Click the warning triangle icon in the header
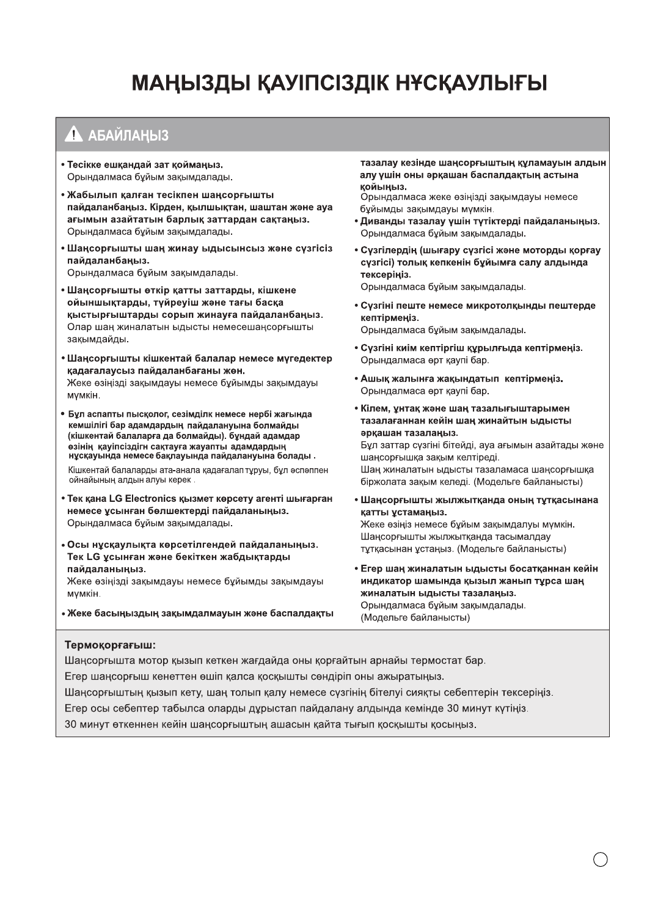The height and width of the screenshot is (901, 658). pyautogui.click(x=73, y=134)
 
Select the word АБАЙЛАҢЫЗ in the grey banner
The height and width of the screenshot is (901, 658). pyautogui.click(x=128, y=136)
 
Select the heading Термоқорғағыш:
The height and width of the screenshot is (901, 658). pyautogui.click(x=110, y=645)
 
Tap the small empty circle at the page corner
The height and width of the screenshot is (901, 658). pyautogui.click(x=601, y=859)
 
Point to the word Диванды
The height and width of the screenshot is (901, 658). pyautogui.click(x=381, y=221)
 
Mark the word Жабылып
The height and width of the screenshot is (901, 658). pyautogui.click(x=90, y=195)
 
